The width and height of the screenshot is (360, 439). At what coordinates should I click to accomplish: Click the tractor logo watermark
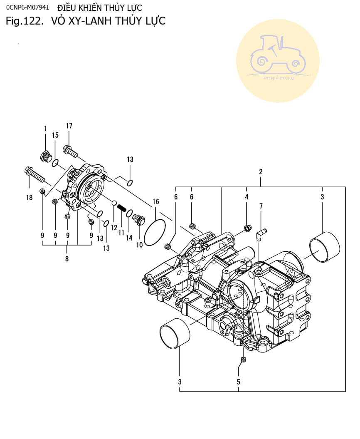278,60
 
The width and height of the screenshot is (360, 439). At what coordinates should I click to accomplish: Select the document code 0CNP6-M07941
27,8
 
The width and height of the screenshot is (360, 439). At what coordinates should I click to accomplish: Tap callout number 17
69,126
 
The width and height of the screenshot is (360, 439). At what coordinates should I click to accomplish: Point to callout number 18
29,198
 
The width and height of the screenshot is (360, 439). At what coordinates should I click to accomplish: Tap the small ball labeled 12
113,203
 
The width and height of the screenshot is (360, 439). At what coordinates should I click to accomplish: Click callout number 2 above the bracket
261,171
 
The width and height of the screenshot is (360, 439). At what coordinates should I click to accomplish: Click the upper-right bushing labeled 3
325,247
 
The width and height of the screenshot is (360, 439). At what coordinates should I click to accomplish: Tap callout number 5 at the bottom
239,381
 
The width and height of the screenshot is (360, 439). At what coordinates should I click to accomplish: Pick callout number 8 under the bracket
67,258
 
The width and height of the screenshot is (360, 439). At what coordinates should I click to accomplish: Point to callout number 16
155,202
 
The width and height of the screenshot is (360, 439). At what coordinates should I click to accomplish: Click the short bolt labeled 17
70,151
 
